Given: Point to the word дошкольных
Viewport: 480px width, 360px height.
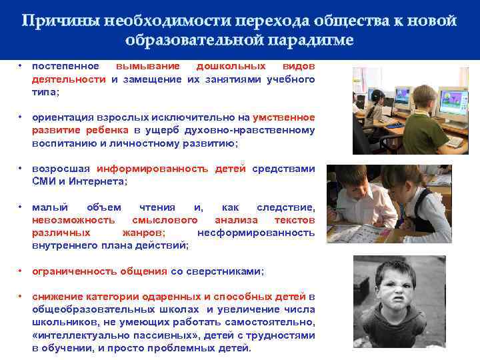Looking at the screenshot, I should point(231,67).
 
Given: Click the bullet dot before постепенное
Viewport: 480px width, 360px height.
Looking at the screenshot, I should point(21,67).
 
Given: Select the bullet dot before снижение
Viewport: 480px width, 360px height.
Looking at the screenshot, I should point(21,297).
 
